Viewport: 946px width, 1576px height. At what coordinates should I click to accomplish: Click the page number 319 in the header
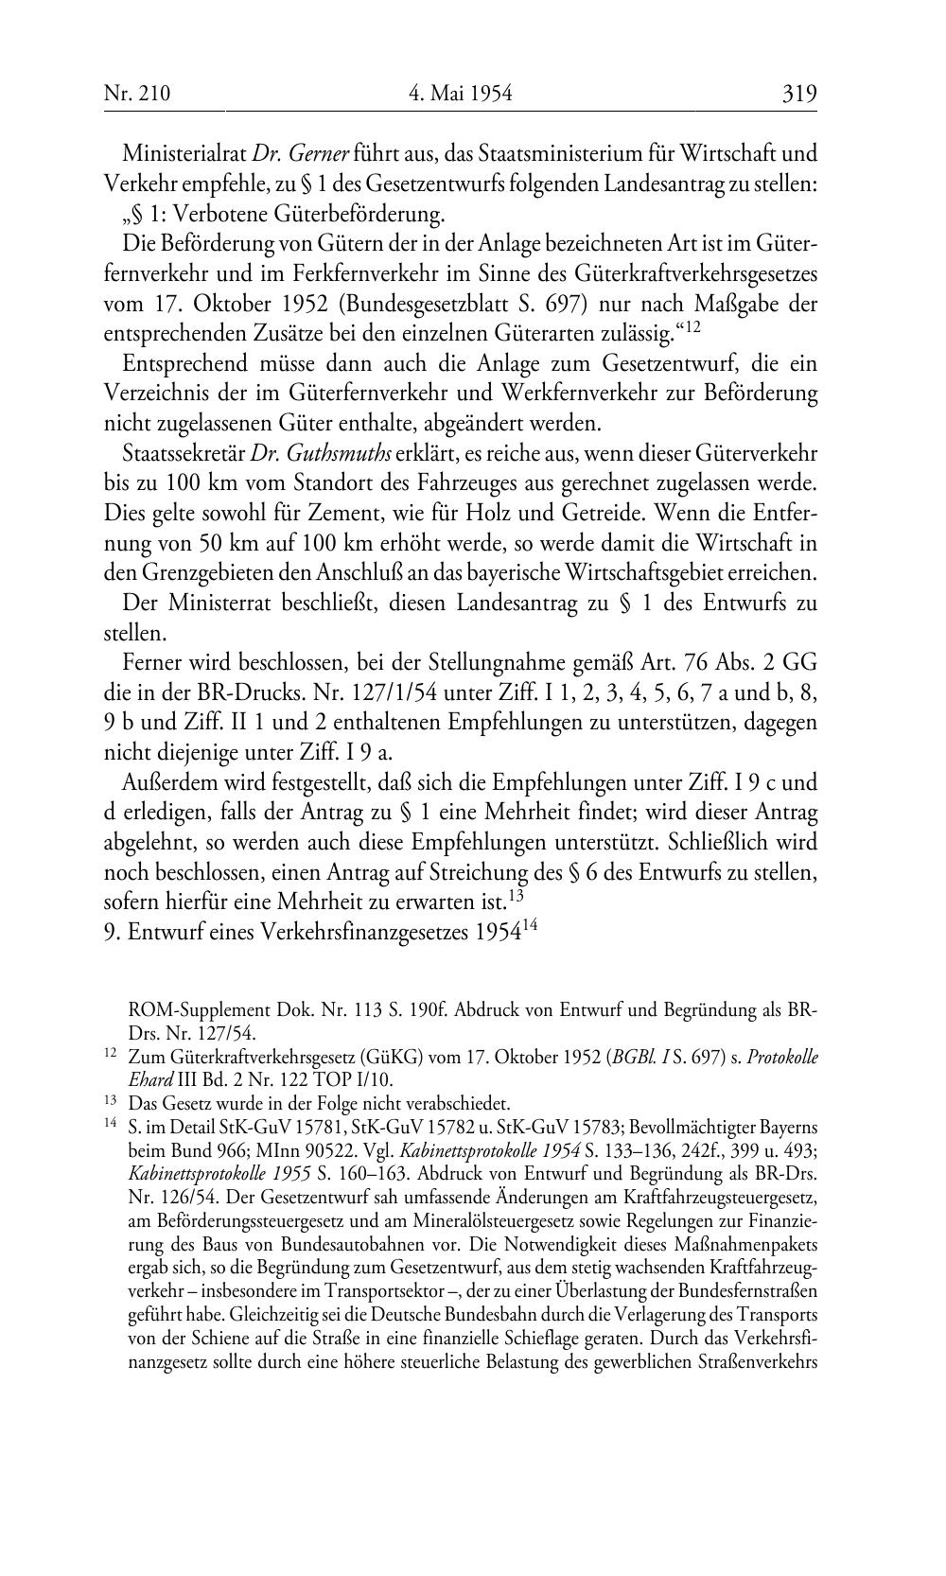tap(798, 93)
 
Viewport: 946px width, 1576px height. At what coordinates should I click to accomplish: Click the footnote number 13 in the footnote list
tap(110, 1101)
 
